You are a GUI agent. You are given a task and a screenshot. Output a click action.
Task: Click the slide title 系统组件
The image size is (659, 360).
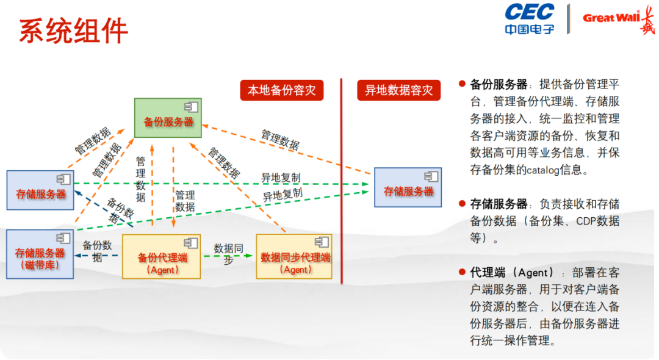(73, 31)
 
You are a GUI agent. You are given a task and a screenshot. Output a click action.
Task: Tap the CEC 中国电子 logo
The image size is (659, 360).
(529, 18)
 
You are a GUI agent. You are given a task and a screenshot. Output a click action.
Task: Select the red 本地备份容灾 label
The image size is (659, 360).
(281, 90)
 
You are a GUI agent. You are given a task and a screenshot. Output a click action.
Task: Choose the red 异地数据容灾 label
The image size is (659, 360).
(398, 90)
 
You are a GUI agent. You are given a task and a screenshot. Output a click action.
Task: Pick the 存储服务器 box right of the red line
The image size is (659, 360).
(408, 187)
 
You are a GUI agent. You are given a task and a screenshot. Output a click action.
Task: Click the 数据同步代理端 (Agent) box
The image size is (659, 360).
(295, 257)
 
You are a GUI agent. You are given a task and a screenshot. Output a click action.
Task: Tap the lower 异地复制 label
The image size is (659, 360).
(283, 196)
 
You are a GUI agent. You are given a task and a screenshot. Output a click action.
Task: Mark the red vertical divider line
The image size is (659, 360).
(342, 183)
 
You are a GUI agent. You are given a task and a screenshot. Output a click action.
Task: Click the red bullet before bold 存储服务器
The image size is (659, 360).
(462, 203)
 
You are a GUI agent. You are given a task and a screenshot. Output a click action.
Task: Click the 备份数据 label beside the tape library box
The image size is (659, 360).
(98, 251)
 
